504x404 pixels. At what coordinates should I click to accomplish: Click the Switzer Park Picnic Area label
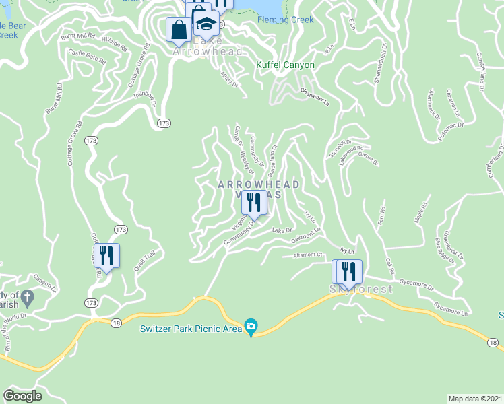pos(191,329)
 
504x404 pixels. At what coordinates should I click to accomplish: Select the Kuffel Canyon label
pos(285,65)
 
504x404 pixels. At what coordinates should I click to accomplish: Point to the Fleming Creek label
pos(285,20)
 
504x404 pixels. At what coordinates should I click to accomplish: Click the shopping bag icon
pos(179,29)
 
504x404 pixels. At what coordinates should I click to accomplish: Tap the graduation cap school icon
pos(206,24)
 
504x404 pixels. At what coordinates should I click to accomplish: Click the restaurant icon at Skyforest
pos(348,271)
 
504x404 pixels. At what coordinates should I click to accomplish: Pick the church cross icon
pos(27,296)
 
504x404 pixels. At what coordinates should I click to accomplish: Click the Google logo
pos(23,395)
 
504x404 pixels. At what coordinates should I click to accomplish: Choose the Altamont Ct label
pos(309,255)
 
